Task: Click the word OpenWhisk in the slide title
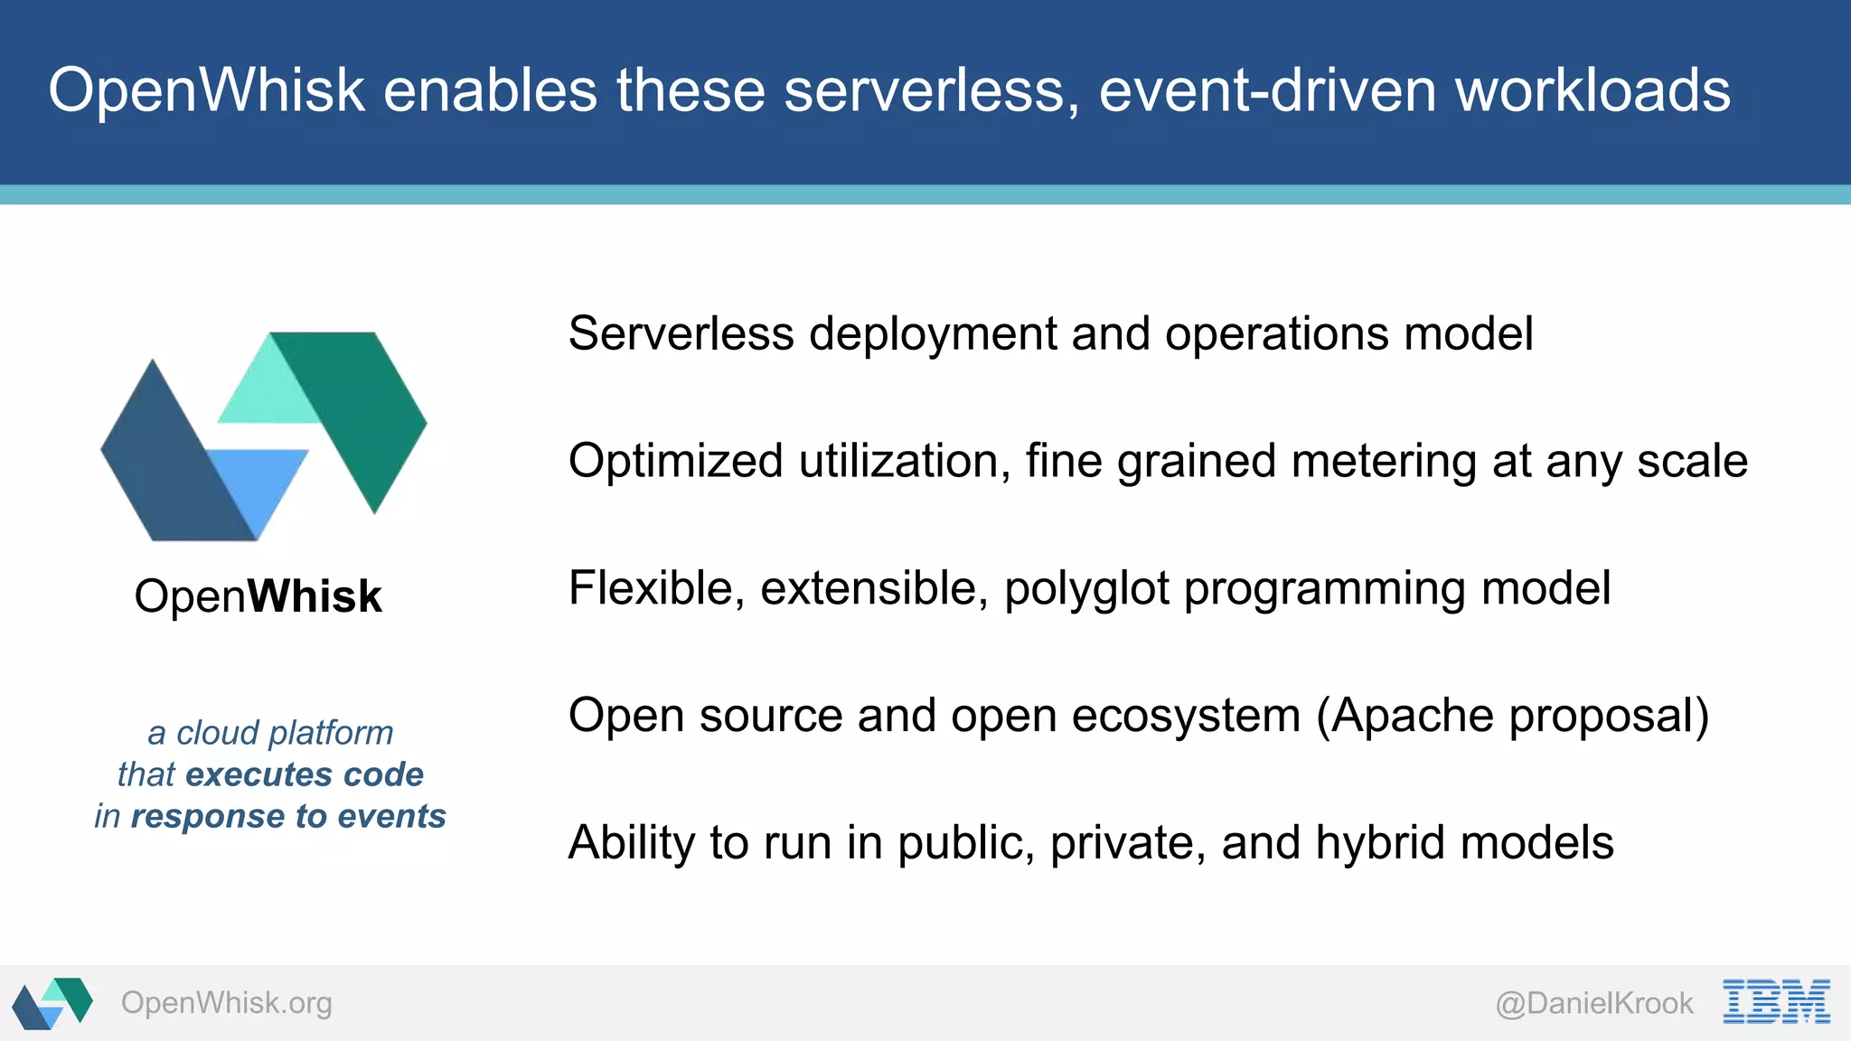tap(206, 90)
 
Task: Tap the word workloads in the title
tap(1593, 90)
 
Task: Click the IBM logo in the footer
tap(1776, 1001)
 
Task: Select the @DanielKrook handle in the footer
tap(1594, 1003)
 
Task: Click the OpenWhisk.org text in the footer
tap(227, 1003)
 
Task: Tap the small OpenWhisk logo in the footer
tap(52, 1002)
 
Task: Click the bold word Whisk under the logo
tap(315, 596)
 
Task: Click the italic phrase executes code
tap(304, 774)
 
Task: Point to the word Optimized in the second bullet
tap(675, 461)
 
